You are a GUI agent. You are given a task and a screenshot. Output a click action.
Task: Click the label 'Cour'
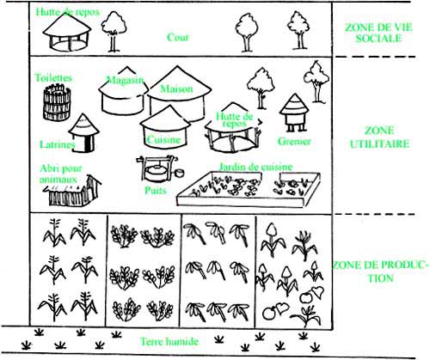178,37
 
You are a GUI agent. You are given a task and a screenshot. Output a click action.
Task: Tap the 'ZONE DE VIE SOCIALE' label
378,33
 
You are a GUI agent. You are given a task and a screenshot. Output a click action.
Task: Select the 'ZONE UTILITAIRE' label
379,137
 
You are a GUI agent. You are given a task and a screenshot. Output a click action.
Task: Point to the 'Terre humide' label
169,341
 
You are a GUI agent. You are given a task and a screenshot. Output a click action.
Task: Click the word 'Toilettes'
53,77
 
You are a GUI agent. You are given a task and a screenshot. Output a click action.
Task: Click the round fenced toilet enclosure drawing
57,102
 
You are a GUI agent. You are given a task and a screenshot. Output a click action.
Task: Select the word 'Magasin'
125,80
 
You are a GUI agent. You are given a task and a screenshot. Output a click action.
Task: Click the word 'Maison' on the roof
176,88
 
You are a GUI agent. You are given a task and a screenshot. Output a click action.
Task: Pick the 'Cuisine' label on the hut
163,140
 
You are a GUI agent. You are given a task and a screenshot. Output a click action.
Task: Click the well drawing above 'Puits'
157,168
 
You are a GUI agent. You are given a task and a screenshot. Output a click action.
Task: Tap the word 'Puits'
156,190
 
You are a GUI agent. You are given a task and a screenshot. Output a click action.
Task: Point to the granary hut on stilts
294,113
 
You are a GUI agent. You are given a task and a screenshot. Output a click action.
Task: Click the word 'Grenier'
294,141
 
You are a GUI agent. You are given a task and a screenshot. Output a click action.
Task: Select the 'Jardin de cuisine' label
255,167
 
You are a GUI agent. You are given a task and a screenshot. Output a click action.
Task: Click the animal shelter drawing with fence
73,191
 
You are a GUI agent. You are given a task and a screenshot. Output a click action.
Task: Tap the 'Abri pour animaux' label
60,174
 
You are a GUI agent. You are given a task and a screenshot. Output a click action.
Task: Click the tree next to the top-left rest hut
114,32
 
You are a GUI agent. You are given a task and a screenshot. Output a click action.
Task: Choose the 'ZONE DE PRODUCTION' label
381,272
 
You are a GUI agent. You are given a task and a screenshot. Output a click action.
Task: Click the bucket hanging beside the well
179,174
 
